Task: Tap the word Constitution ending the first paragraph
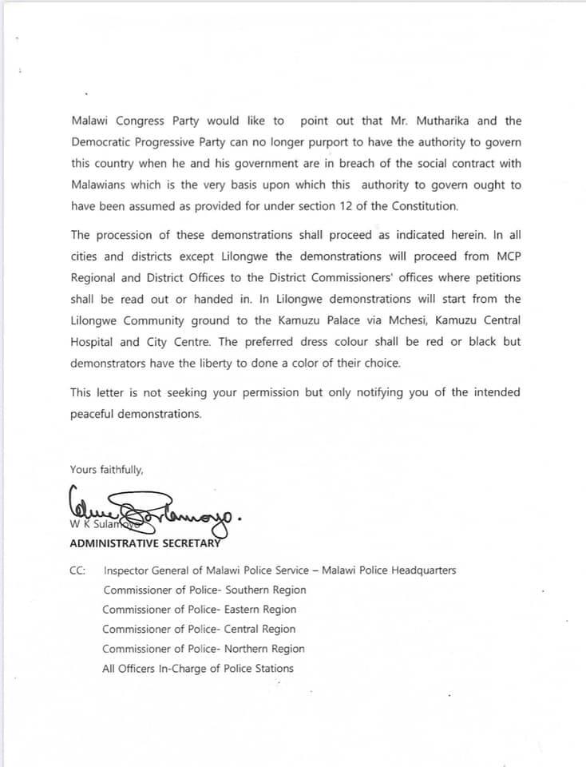pyautogui.click(x=425, y=206)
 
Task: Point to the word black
pyautogui.click(x=482, y=341)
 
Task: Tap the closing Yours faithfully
pyautogui.click(x=106, y=470)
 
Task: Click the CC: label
pyautogui.click(x=78, y=570)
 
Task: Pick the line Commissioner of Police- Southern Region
pyautogui.click(x=204, y=590)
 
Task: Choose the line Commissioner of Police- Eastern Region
pyautogui.click(x=199, y=610)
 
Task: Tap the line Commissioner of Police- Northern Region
pyautogui.click(x=203, y=649)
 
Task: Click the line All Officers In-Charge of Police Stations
pyautogui.click(x=197, y=669)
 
